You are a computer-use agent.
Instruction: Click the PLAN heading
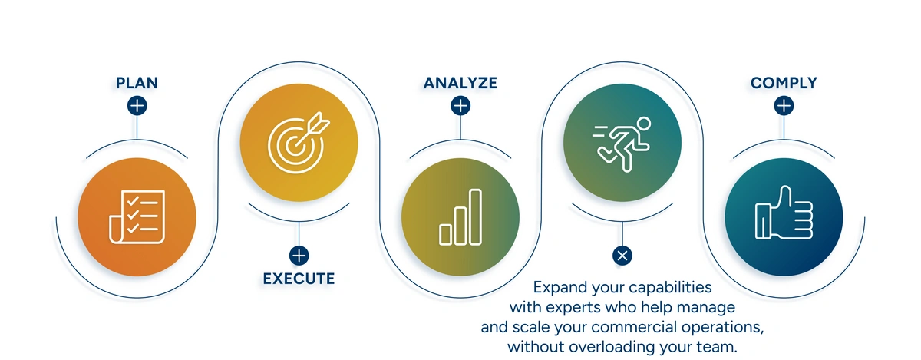click(x=137, y=82)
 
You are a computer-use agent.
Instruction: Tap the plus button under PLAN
click(x=137, y=106)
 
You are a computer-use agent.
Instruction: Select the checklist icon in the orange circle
click(x=137, y=216)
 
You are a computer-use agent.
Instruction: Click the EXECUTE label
click(x=299, y=278)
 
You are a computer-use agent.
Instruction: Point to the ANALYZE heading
click(x=460, y=82)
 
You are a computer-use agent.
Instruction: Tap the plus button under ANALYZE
click(x=460, y=106)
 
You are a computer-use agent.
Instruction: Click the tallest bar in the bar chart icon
click(x=476, y=217)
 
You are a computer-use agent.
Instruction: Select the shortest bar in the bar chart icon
click(x=445, y=234)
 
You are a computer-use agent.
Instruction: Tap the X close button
click(x=622, y=256)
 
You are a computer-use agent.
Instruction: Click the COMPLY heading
click(x=784, y=82)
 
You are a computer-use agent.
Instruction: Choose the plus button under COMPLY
click(x=784, y=106)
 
